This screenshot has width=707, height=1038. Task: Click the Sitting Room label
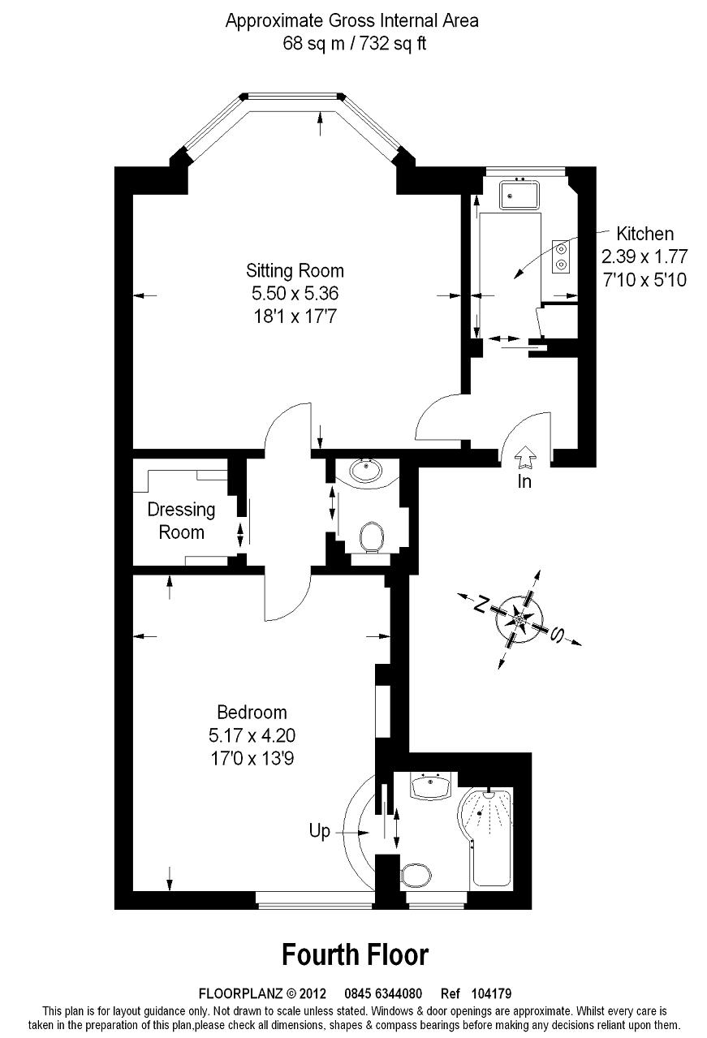pos(295,270)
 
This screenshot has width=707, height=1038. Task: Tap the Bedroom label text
pos(252,713)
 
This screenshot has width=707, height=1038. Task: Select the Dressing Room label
pos(181,521)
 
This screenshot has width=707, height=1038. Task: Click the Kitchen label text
pos(644,234)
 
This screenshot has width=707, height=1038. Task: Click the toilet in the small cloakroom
pos(372,536)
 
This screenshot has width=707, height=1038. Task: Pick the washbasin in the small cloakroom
pos(368,471)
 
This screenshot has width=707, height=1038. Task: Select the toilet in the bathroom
pos(416,876)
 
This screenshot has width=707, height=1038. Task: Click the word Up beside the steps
pos(320,832)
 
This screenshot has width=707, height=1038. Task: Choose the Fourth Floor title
pos(355,954)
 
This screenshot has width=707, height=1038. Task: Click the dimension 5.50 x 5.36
pos(295,293)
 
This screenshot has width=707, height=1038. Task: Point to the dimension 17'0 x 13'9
pos(252,758)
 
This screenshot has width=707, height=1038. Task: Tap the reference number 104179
pos(489,993)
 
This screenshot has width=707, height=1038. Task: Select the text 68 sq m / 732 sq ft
pos(353,43)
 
